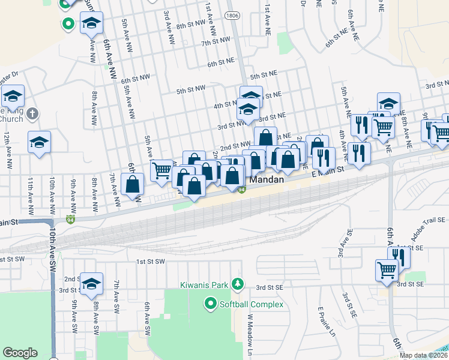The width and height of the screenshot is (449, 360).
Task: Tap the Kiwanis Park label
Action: pos(203,283)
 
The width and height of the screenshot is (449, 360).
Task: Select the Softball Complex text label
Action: pos(251,305)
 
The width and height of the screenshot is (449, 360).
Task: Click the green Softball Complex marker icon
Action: pos(210,305)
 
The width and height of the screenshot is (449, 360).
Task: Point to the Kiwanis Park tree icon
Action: pos(238,283)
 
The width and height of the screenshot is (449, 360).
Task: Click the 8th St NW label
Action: pos(191,26)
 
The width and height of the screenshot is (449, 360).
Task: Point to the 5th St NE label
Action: pos(263,76)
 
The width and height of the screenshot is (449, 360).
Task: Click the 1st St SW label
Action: pos(150,262)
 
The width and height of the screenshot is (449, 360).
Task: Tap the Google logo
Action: pos(20,353)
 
